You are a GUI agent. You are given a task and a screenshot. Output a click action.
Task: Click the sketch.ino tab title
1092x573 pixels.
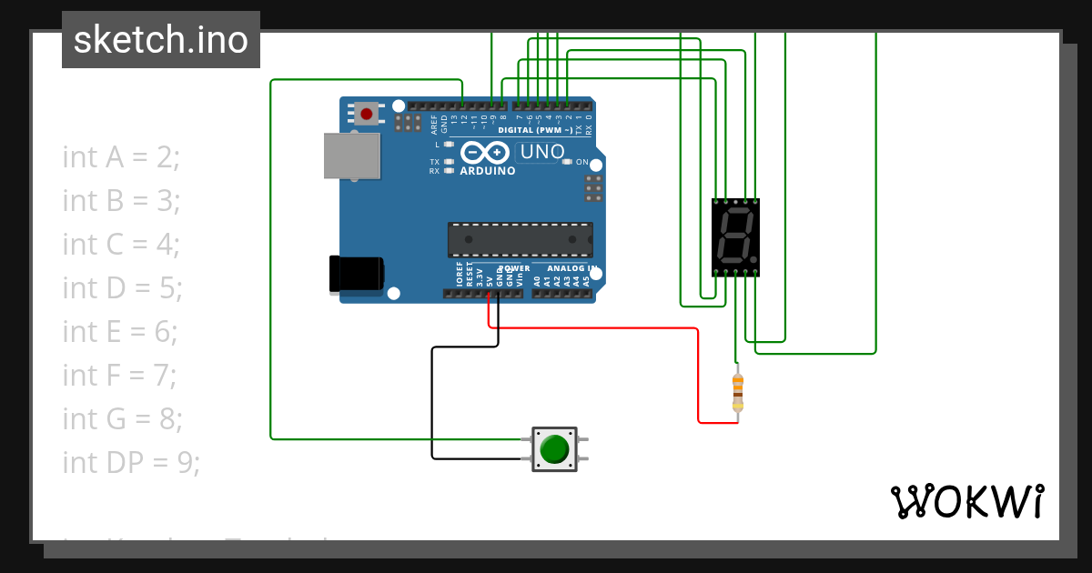[x=161, y=40]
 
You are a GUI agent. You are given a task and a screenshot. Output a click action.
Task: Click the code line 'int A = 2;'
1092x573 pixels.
[x=121, y=157]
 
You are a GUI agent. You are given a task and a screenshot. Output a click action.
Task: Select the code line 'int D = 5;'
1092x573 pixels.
[x=122, y=288]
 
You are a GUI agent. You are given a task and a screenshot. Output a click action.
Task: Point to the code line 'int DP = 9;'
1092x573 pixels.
[x=131, y=463]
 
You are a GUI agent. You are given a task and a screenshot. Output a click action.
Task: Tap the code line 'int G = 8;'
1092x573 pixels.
[x=122, y=419]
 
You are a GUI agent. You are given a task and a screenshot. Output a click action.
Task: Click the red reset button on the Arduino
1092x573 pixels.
[x=367, y=114]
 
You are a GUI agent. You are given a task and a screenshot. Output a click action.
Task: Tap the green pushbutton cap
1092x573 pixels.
[x=554, y=449]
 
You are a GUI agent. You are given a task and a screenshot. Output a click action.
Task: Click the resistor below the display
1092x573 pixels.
[x=737, y=391]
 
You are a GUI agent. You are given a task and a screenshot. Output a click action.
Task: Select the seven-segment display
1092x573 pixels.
[x=735, y=237]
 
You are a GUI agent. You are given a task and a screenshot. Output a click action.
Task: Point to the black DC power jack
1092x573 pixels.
[x=356, y=274]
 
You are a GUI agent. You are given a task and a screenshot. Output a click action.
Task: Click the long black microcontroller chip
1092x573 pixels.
[x=520, y=239]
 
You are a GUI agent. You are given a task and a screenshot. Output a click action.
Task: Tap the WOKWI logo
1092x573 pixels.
[x=966, y=501]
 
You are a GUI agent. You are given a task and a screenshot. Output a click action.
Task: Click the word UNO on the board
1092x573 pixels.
[x=542, y=153]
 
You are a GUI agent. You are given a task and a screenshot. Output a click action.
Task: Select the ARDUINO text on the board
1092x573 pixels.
[x=488, y=171]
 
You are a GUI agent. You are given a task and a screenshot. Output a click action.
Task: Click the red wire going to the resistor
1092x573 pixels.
[x=698, y=373]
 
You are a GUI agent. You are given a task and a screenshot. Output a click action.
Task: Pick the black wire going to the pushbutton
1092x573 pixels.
[x=432, y=400]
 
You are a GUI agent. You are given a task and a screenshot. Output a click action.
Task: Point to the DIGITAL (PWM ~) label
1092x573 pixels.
[x=534, y=131]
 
